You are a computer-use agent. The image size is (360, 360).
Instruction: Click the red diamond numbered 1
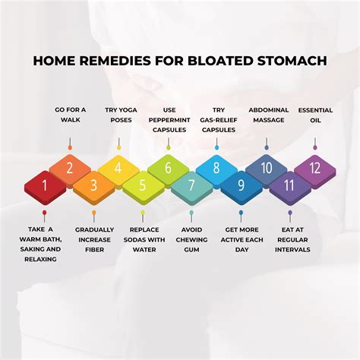point(45,185)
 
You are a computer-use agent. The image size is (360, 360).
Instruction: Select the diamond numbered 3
point(94,185)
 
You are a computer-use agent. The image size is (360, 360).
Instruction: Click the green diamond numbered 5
point(143,185)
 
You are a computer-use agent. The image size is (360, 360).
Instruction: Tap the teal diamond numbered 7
point(192,185)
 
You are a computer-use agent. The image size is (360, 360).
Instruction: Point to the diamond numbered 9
point(242,185)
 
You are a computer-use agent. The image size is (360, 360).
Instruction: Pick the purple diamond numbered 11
point(290,185)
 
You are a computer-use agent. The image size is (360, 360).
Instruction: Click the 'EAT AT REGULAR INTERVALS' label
point(290,240)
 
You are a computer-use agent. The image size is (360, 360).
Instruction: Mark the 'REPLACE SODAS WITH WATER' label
point(143,240)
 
